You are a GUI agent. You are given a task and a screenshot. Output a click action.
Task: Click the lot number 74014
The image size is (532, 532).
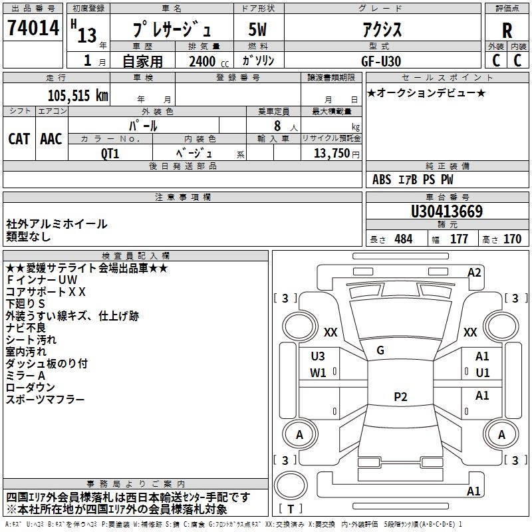pyautogui.click(x=33, y=28)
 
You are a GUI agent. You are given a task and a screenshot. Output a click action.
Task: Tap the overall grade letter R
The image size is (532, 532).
pyautogui.click(x=507, y=31)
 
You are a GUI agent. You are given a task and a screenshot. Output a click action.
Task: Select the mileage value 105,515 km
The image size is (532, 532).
pyautogui.click(x=78, y=96)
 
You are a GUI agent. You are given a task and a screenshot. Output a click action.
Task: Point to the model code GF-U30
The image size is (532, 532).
pyautogui.click(x=381, y=61)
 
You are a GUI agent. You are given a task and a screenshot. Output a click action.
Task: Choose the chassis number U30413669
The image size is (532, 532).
pyautogui.click(x=447, y=211)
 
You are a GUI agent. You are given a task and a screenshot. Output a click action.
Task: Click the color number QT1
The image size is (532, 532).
pyautogui.click(x=110, y=154)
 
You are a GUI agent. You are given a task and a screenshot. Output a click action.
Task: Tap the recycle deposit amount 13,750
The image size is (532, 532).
pyautogui.click(x=331, y=154)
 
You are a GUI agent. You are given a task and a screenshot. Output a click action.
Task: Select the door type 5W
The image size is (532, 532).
pyautogui.click(x=257, y=29)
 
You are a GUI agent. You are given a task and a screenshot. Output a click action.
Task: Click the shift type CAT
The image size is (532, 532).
pyautogui.click(x=19, y=139)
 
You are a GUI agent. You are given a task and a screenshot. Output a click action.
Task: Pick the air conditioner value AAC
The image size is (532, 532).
pyautogui.click(x=51, y=139)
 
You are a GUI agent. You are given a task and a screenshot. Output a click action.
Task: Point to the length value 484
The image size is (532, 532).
pyautogui.click(x=404, y=239)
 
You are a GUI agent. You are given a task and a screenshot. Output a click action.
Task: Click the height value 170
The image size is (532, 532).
pyautogui.click(x=512, y=239)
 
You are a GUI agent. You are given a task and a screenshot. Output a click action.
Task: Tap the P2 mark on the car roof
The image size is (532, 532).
pyautogui.click(x=400, y=396)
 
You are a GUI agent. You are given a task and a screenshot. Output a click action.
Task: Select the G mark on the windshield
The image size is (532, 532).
pyautogui.click(x=380, y=350)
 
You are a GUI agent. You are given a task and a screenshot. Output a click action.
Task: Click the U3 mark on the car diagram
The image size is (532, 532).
pyautogui.click(x=318, y=356)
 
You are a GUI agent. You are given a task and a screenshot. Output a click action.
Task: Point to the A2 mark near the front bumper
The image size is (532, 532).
pyautogui.click(x=474, y=273)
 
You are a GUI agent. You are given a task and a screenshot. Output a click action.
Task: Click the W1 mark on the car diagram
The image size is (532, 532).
pyautogui.click(x=318, y=373)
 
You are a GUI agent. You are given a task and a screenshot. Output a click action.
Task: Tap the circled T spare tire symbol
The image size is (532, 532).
pyautogui.click(x=291, y=485)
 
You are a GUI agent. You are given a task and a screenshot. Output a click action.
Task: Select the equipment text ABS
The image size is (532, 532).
pyautogui.click(x=382, y=180)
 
